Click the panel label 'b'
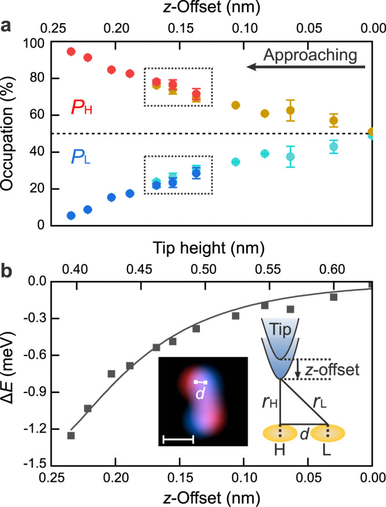pos(8,270)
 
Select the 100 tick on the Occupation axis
pos(38,42)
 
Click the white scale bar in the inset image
pos(178,440)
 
